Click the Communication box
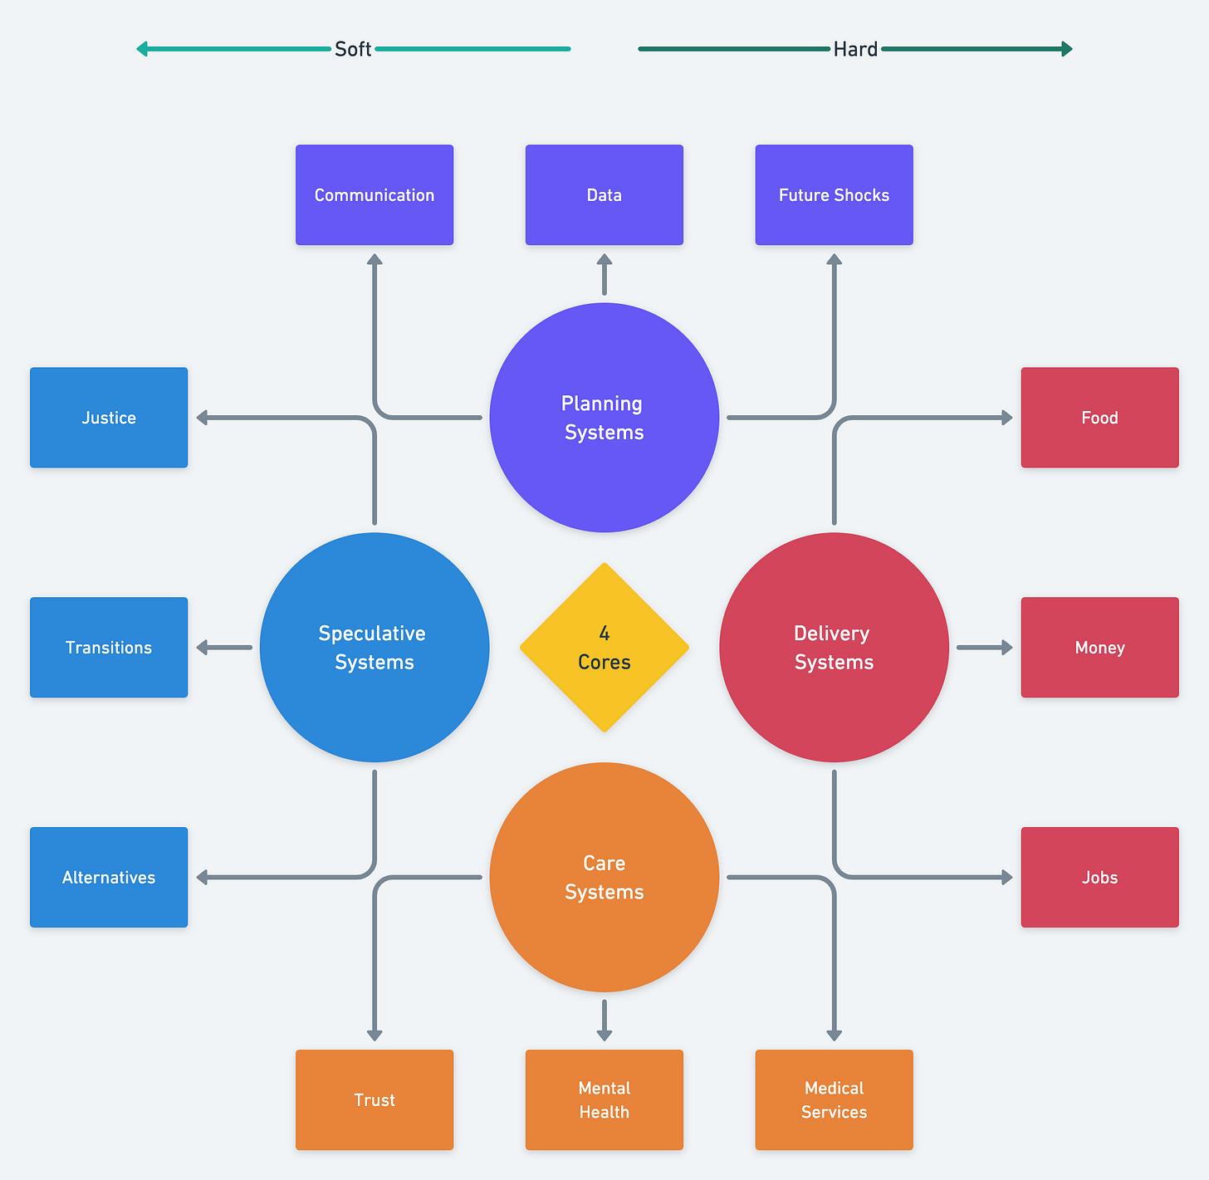point(374,194)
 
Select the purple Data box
point(604,194)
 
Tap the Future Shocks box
point(834,194)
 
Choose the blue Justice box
point(109,418)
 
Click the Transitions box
point(109,648)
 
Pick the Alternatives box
point(109,878)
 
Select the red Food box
point(1099,418)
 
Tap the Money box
point(1099,648)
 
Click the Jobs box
point(1099,878)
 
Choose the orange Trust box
point(374,1099)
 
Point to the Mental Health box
point(604,1099)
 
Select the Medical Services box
point(834,1099)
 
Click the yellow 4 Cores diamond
point(604,648)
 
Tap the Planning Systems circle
point(604,418)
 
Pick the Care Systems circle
point(604,878)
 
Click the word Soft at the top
point(353,49)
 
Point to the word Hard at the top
point(855,49)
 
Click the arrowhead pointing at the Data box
point(604,260)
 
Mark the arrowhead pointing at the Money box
point(1007,648)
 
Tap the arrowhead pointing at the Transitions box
point(202,648)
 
